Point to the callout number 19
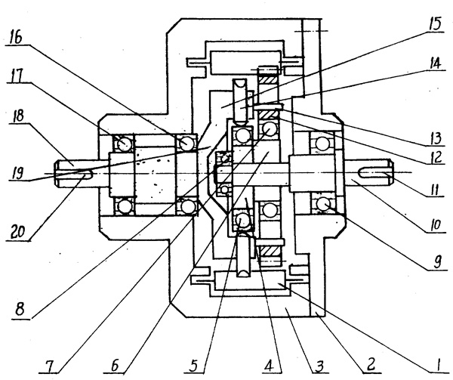coord(15,175)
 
